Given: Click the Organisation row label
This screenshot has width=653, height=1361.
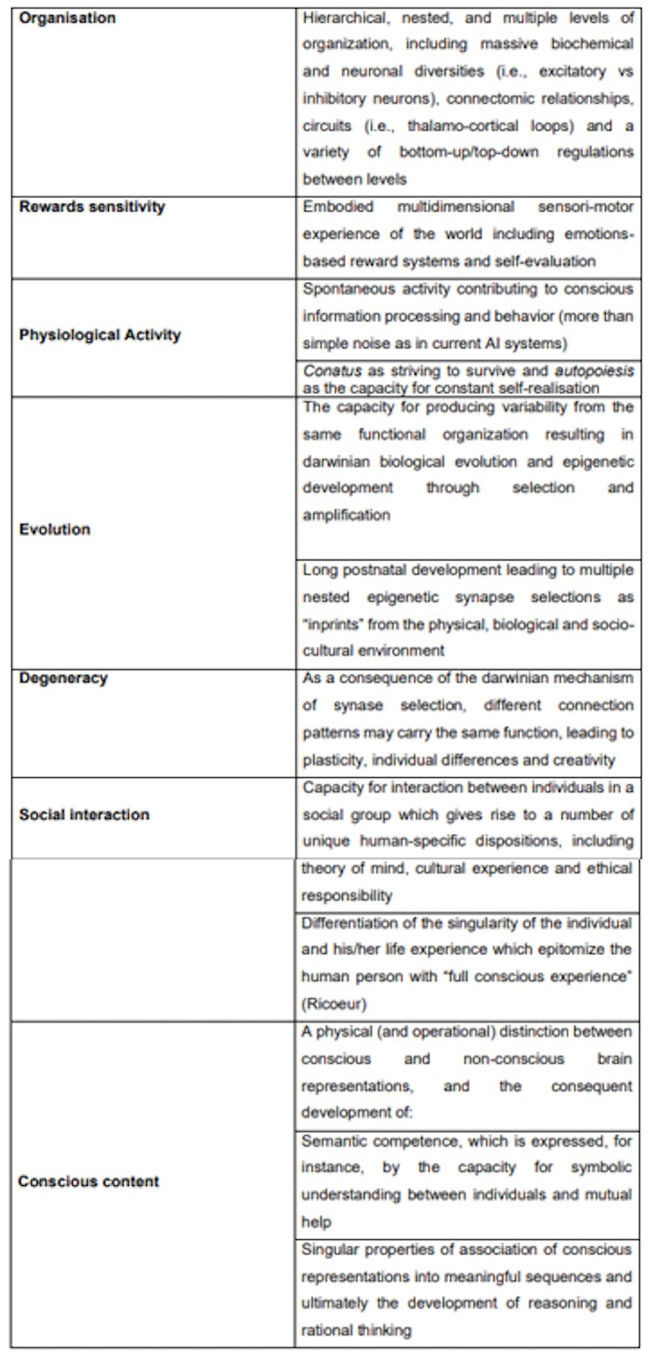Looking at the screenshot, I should [68, 17].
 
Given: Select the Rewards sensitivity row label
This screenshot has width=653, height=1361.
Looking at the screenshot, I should [91, 207].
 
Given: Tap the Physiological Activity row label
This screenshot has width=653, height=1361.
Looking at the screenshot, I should [99, 335].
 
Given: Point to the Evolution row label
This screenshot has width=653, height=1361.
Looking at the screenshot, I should [54, 529].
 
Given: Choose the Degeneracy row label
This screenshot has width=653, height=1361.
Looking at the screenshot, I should [64, 678].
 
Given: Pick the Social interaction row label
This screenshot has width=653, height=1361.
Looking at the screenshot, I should [84, 815].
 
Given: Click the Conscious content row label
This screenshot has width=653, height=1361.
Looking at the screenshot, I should [89, 1182].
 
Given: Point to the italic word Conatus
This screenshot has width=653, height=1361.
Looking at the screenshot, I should [327, 370].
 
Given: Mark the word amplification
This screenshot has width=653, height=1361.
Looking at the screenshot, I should [347, 514].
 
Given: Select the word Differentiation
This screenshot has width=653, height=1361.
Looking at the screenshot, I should [350, 922].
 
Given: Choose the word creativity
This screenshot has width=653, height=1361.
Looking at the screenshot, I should [584, 760].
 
